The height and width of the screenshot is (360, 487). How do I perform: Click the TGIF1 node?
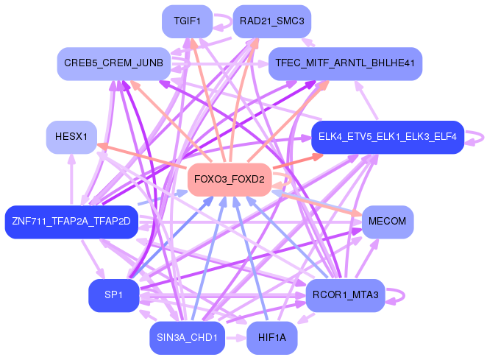coord(187,21)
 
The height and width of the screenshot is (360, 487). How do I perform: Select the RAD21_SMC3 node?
coord(271,21)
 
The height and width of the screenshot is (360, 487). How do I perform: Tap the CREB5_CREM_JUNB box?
coord(113,64)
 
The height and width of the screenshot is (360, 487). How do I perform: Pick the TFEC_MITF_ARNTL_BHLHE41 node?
coord(345,64)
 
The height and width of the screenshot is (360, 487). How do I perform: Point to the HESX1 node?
coord(71,137)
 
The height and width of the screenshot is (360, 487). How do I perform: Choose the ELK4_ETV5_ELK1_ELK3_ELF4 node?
coord(387,137)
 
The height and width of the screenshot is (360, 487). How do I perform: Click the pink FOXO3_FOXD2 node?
coord(230,180)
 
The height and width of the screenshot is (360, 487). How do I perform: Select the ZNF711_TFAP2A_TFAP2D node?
coord(71,222)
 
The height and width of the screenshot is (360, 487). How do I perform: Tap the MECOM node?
coord(387,222)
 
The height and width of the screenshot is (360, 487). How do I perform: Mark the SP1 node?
coord(113,294)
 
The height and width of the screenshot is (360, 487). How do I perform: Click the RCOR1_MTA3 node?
coord(345,294)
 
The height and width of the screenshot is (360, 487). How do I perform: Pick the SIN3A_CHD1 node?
coord(187,337)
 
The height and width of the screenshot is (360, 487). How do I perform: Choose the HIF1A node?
coord(271,337)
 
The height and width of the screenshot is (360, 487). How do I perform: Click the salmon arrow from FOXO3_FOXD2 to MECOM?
coord(316,202)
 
